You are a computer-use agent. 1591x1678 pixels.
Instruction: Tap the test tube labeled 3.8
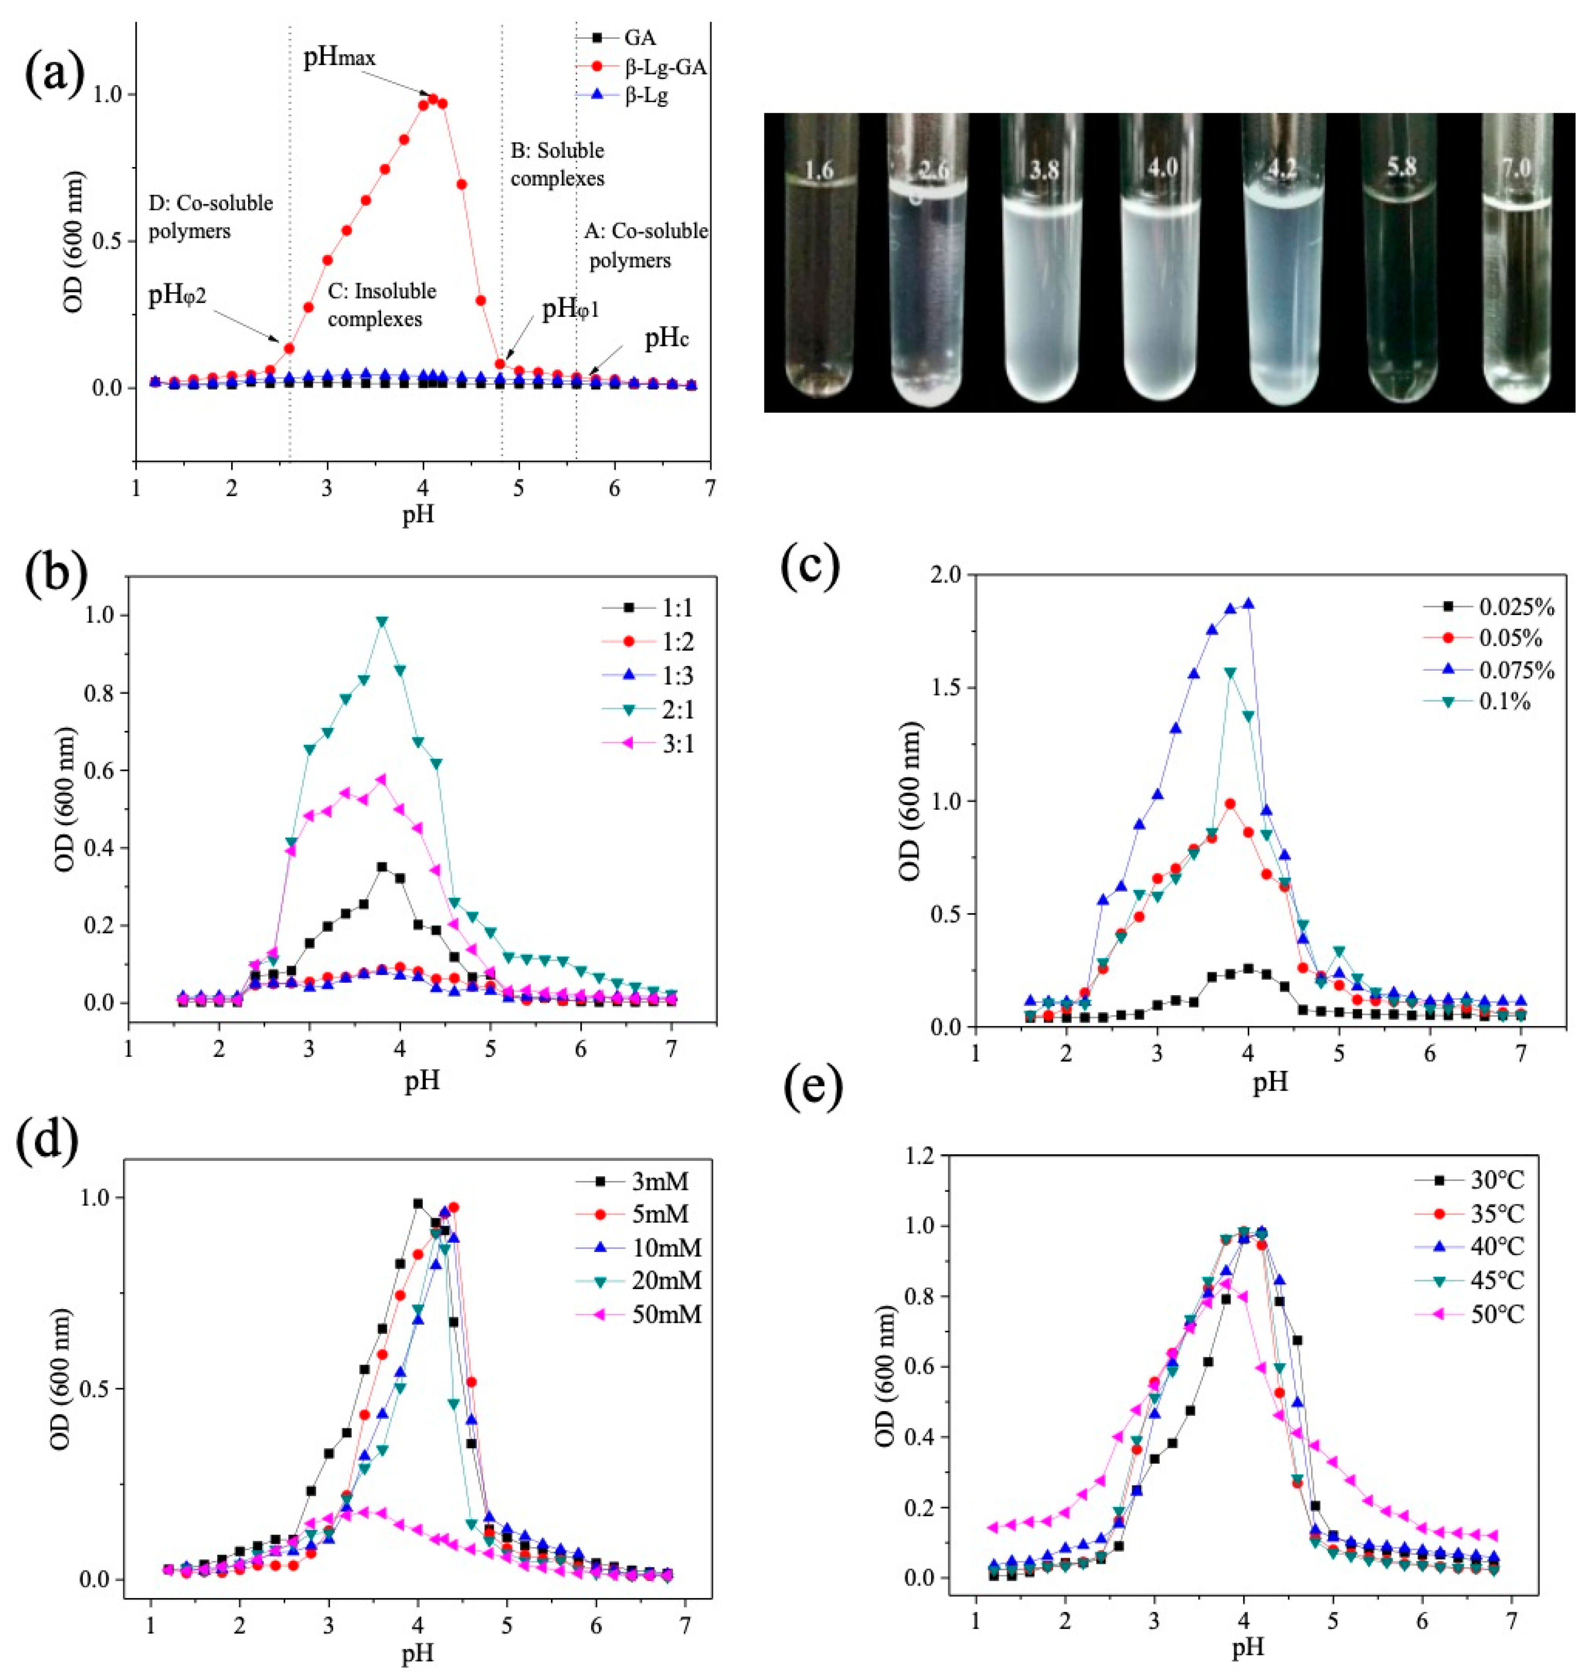1043,263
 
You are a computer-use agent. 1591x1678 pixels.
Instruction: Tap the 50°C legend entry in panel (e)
1496,1314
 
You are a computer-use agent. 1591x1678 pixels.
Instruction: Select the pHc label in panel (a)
667,340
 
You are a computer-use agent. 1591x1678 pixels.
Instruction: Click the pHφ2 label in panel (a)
177,297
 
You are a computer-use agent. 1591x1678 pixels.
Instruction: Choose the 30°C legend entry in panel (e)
1496,1180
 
